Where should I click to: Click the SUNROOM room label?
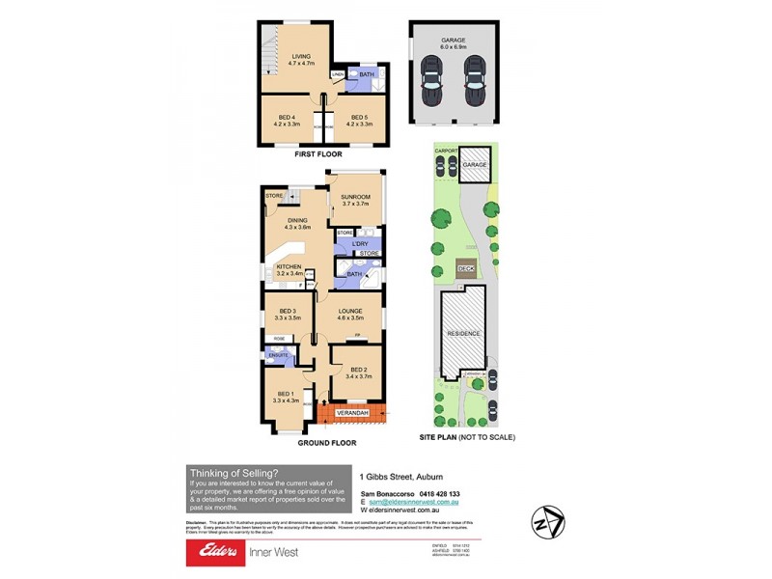355,197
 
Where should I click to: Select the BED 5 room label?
360,117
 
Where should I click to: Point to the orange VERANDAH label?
352,413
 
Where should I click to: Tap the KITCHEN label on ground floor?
289,266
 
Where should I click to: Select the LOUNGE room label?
349,311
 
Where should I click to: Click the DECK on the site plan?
465,268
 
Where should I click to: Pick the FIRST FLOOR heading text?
318,153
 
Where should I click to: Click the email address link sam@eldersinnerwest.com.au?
414,502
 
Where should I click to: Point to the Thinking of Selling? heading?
233,472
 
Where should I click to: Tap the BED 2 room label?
359,370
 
